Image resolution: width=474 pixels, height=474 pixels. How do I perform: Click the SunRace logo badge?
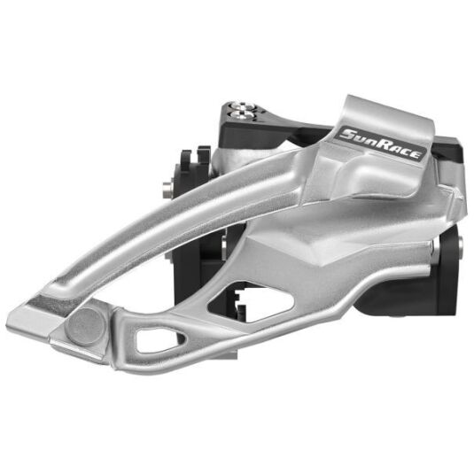click(x=382, y=143)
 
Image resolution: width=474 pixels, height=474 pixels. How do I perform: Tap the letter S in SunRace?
click(x=346, y=134)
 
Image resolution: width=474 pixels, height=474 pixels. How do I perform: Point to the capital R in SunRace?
click(x=381, y=144)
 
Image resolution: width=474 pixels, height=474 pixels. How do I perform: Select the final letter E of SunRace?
click(x=416, y=155)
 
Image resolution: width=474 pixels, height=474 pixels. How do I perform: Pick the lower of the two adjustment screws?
click(x=242, y=114)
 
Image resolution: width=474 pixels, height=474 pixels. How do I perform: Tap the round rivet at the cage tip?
click(x=87, y=327)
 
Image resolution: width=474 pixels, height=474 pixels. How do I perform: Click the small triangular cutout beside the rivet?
click(x=158, y=339)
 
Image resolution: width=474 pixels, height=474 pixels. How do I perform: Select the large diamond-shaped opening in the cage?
click(x=251, y=302)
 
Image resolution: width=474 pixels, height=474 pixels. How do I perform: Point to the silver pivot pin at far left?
click(x=167, y=190)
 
